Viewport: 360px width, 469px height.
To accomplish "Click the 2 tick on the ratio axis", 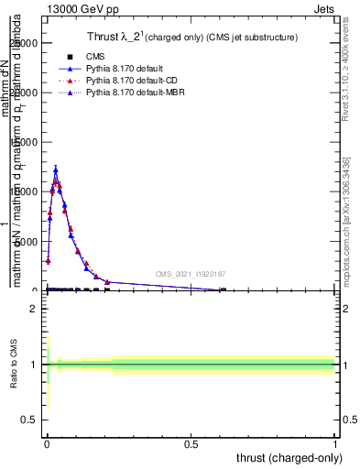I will click(x=33, y=309).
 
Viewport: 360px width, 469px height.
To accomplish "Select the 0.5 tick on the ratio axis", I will click(x=29, y=420).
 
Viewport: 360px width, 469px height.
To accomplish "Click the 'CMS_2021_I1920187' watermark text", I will click(x=190, y=274).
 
